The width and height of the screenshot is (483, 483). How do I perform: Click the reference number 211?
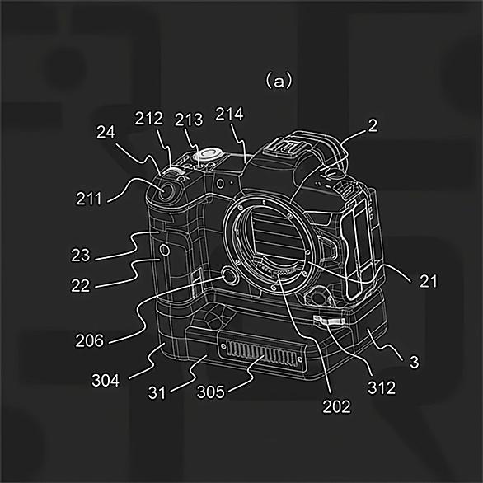click(89, 199)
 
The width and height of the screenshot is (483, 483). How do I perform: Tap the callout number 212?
click(149, 119)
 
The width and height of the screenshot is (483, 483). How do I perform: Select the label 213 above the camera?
click(189, 120)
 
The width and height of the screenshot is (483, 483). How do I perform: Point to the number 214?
click(229, 114)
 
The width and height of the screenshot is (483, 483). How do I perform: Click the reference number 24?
click(106, 132)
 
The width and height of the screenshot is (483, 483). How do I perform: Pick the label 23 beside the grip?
click(81, 256)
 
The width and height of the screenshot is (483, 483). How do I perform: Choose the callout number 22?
click(81, 285)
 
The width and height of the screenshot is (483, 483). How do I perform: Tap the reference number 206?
click(90, 340)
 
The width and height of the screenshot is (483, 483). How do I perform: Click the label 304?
click(106, 380)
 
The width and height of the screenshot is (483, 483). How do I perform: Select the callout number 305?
click(211, 392)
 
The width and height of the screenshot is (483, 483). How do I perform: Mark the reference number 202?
click(336, 406)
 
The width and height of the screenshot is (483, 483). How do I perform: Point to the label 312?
click(382, 387)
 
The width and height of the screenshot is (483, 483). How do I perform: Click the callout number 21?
click(429, 282)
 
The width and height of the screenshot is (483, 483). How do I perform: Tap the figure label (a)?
click(279, 82)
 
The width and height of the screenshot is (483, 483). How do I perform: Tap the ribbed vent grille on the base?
click(260, 353)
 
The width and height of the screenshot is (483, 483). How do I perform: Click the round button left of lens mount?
click(230, 276)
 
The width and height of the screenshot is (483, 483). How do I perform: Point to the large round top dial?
click(208, 153)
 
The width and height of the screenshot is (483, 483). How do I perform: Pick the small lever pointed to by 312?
click(329, 321)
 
